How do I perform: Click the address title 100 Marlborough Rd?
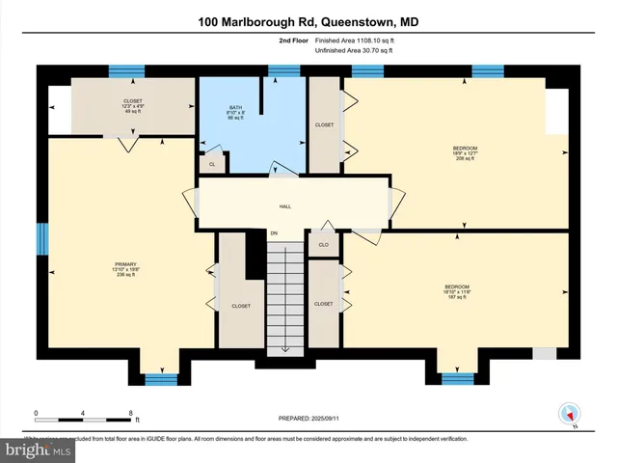click(x=308, y=21)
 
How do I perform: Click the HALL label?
click(x=285, y=206)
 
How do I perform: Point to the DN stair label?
click(x=274, y=233)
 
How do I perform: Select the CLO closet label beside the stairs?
click(x=324, y=245)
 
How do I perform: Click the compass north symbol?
click(x=568, y=415)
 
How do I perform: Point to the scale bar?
click(x=84, y=420)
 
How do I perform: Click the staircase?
click(x=284, y=299)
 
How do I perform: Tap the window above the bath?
click(x=282, y=70)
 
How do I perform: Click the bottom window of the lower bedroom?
click(x=458, y=377)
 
